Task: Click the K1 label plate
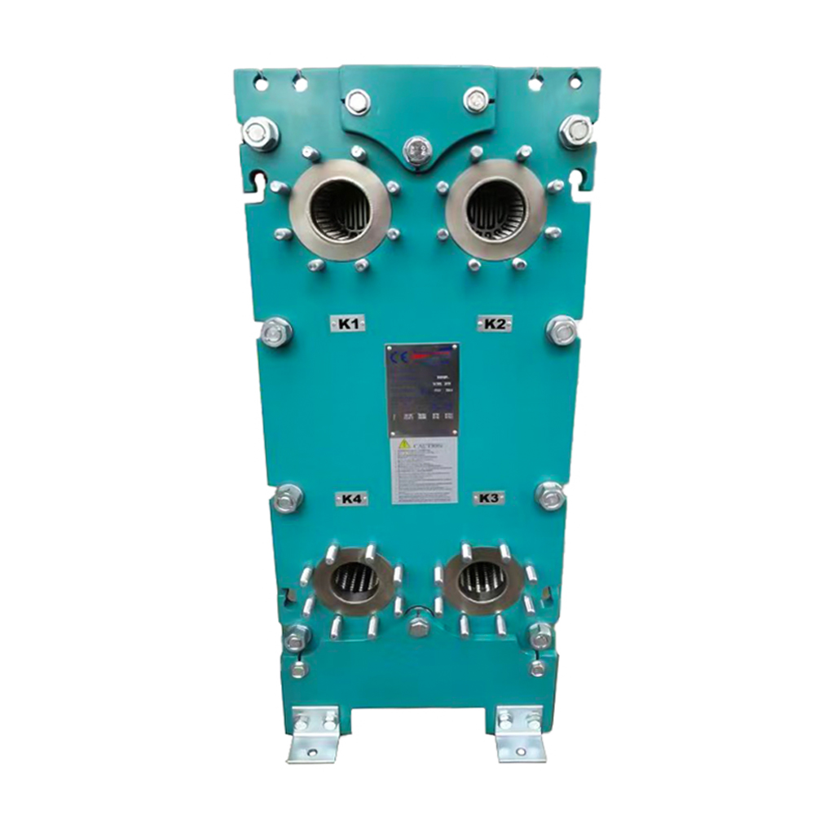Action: pyautogui.click(x=349, y=324)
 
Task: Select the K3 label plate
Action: pyautogui.click(x=488, y=498)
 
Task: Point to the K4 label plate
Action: pyautogui.click(x=351, y=499)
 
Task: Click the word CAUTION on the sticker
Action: pyautogui.click(x=428, y=446)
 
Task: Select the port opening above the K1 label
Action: pyautogui.click(x=341, y=209)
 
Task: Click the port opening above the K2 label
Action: pyautogui.click(x=496, y=209)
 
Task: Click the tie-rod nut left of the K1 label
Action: pyautogui.click(x=275, y=332)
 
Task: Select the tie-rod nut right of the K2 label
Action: pyautogui.click(x=562, y=330)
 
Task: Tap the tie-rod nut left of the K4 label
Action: pyautogui.click(x=287, y=498)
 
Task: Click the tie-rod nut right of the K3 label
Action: pyautogui.click(x=550, y=495)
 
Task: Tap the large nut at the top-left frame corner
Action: pyautogui.click(x=260, y=133)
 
